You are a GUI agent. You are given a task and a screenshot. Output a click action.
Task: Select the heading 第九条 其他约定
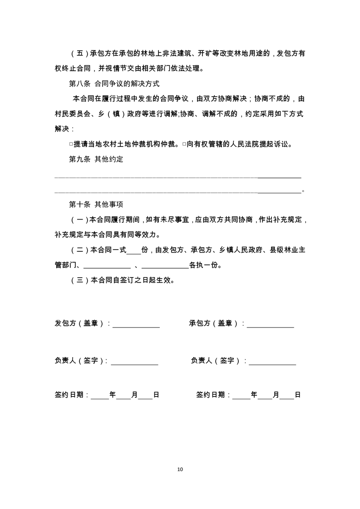96,159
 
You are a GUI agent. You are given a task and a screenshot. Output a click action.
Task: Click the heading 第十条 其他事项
96,204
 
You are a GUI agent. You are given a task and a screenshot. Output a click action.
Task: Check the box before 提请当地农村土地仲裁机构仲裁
71,144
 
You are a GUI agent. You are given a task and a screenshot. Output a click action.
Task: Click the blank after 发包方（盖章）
136,325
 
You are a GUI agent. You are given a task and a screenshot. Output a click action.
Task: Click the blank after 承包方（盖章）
271,325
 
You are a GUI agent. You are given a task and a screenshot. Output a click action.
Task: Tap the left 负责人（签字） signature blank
135,362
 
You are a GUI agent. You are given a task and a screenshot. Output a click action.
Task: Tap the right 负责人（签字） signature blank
272,362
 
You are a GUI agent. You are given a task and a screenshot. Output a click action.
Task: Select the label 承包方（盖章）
214,323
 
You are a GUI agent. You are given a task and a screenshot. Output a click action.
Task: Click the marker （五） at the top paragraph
79,54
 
